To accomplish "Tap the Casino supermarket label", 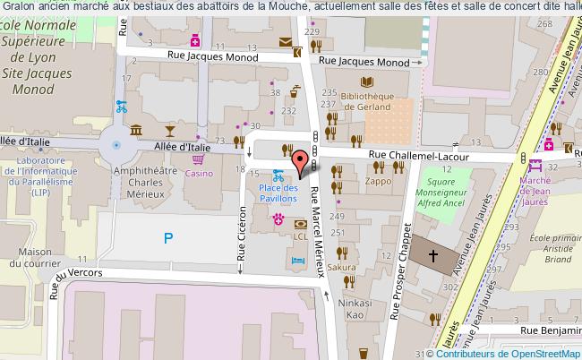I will pos(199,174).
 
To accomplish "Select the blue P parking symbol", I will pos(167,237).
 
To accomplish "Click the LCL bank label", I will pos(301,236).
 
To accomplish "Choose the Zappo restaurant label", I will pos(378,180).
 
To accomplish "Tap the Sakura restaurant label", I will pos(341,267).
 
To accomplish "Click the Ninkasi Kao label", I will pos(354,309).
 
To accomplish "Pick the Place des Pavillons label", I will pos(278,193).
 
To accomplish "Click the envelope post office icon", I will pos(285,41).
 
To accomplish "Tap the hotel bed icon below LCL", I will pos(298,259).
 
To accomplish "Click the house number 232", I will pos(288,110).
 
